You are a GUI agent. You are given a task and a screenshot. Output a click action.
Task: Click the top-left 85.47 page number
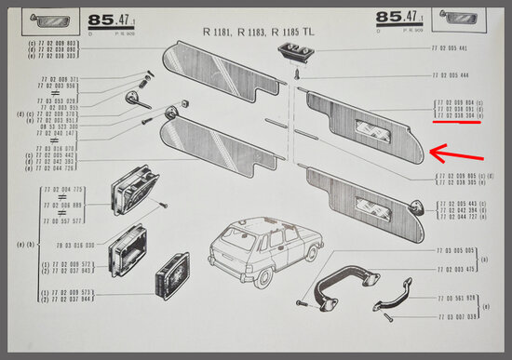(109, 18)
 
